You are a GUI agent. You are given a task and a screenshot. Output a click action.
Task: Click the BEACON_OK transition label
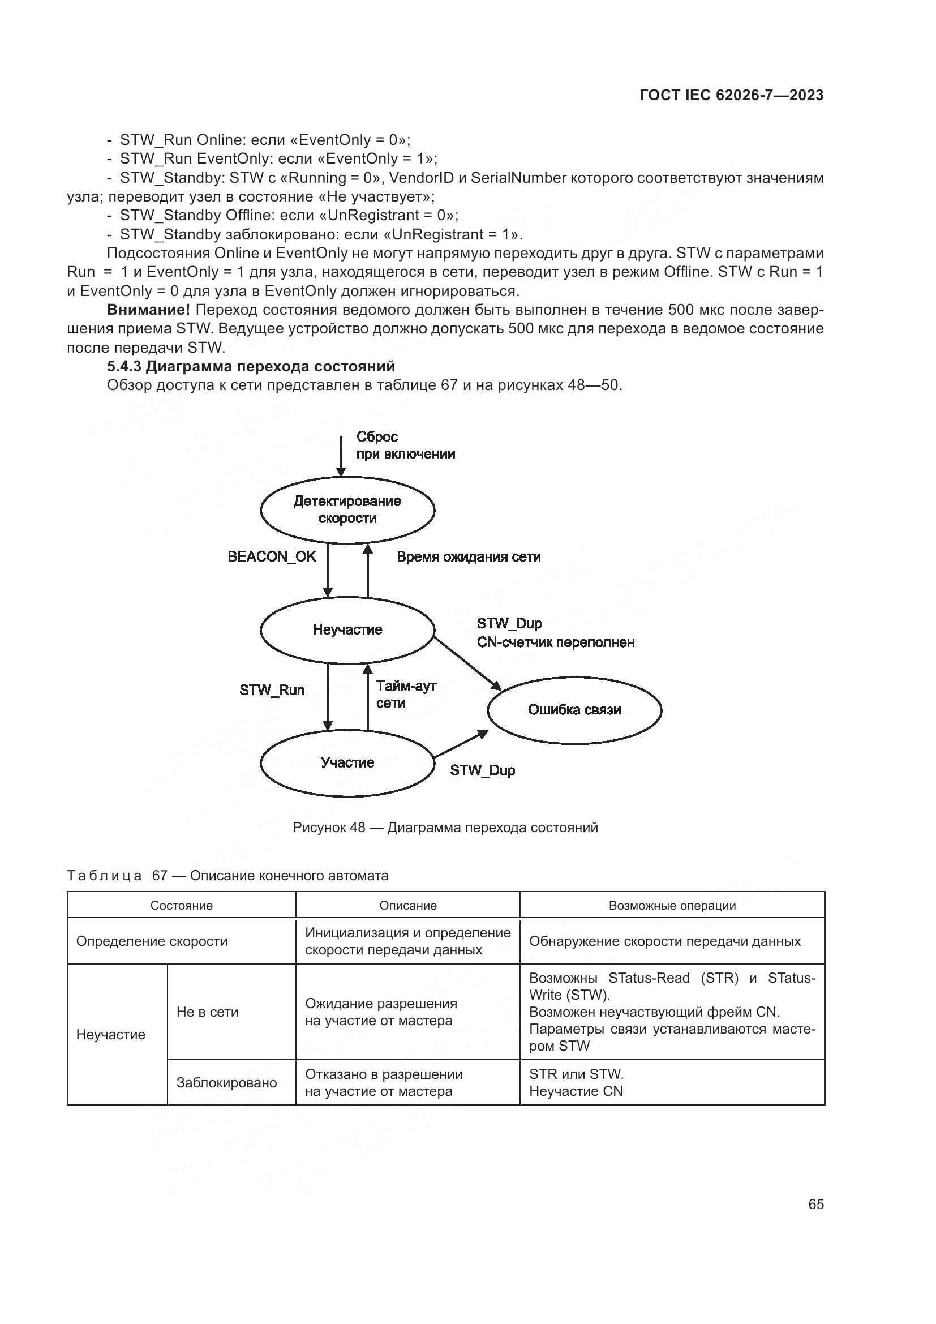[272, 556]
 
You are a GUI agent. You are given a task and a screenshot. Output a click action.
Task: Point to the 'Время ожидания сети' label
[469, 556]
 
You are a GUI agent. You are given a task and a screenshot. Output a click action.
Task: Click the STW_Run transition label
[272, 690]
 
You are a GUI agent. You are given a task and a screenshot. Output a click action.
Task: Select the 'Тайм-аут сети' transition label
[406, 695]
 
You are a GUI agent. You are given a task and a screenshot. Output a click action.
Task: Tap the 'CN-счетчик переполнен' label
[556, 642]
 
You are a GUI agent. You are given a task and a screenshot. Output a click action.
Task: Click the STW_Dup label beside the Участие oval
[482, 770]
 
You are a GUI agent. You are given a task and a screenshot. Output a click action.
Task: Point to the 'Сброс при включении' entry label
[406, 445]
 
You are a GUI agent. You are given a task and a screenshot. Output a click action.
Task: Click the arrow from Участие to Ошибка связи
[461, 744]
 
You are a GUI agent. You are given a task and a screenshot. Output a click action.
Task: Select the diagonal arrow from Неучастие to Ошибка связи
[467, 663]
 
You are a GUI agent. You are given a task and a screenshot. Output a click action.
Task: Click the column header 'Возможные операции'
[673, 905]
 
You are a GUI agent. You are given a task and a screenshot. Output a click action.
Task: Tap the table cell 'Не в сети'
[208, 1012]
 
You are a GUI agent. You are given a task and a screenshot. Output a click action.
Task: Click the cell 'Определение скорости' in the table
[152, 941]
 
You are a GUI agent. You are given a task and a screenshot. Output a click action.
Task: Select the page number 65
[816, 1204]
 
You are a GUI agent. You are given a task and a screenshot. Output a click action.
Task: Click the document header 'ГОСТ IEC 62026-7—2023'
[732, 95]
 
